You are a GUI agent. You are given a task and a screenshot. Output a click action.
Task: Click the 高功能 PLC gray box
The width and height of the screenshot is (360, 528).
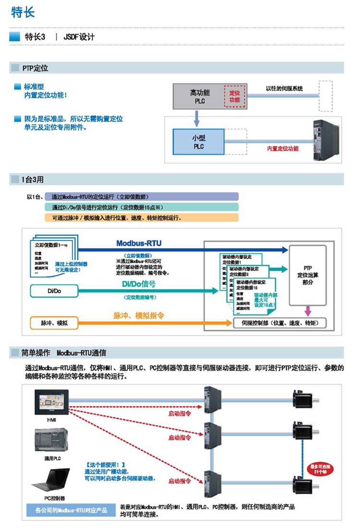tap(199, 96)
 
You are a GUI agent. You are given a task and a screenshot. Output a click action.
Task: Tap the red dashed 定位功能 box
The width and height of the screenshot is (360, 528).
tap(234, 96)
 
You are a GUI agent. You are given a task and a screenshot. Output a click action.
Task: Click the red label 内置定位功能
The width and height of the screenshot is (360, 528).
tap(283, 149)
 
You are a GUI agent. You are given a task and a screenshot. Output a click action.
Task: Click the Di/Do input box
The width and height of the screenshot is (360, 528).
tap(53, 291)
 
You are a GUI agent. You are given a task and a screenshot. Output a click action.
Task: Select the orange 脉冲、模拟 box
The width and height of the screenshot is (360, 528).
tap(54, 323)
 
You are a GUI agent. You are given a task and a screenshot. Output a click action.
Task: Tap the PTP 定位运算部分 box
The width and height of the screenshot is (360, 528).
tap(308, 276)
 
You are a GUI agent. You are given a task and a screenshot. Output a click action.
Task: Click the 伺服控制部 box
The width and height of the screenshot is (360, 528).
tap(279, 323)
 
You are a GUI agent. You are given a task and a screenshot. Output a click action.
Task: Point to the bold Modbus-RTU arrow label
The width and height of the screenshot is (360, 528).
tap(139, 243)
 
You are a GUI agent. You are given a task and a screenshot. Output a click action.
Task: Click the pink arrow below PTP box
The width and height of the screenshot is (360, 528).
tap(308, 312)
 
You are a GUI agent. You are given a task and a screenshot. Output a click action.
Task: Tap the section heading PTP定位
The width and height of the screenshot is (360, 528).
tap(35, 68)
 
